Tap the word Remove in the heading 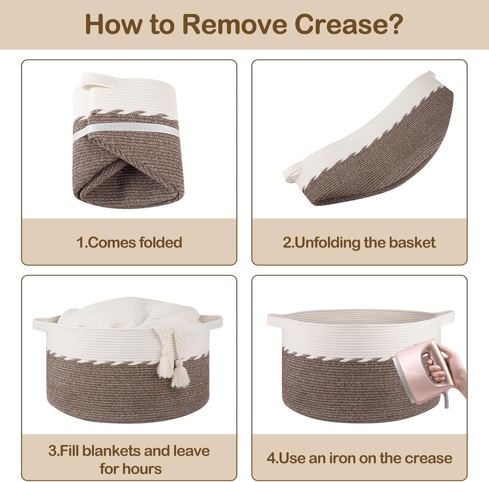pos(234,24)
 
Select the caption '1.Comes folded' pos(129,242)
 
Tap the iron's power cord pos(447,401)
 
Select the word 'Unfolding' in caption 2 pos(328,243)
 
